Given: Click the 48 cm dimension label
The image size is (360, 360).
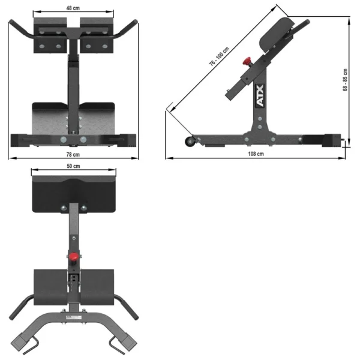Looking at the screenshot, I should (73, 8).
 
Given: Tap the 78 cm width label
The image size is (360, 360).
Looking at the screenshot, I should (73, 154).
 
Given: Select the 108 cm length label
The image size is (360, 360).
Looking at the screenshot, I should (256, 154).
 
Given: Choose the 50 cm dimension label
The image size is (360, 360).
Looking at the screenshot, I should (73, 166).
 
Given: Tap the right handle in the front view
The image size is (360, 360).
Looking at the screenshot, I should (128, 28).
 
